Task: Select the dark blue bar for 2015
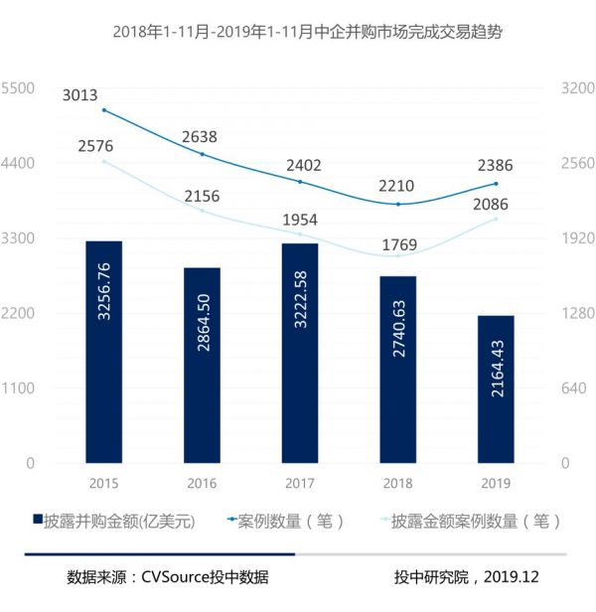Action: pyautogui.click(x=104, y=352)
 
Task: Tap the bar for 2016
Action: pyautogui.click(x=202, y=365)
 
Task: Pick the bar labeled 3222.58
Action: pyautogui.click(x=299, y=353)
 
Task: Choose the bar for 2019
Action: pyautogui.click(x=495, y=388)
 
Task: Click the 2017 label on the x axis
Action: pyautogui.click(x=299, y=484)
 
